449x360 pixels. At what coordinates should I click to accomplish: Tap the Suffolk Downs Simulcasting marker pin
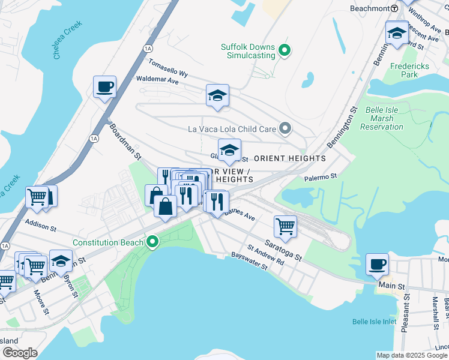(x=286, y=51)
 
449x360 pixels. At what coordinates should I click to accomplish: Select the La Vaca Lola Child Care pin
(x=286, y=128)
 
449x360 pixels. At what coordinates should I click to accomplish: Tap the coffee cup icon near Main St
(x=377, y=264)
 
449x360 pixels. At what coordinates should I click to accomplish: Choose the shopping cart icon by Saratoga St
(x=285, y=227)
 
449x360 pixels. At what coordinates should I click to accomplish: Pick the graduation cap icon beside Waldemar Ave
(x=217, y=95)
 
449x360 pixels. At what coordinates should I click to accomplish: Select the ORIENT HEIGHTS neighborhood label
(x=291, y=158)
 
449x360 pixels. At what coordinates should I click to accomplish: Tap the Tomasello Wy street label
(x=168, y=67)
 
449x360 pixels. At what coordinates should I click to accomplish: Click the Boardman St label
(x=124, y=142)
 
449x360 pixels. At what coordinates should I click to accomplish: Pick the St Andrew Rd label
(x=265, y=255)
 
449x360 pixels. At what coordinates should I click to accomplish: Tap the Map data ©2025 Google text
(x=411, y=355)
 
